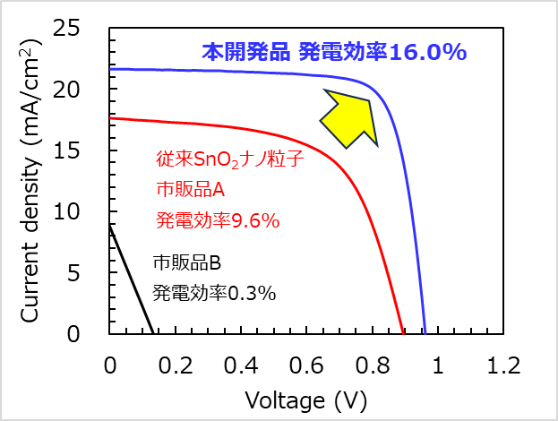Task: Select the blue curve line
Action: click(269, 73)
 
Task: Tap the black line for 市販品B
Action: click(130, 278)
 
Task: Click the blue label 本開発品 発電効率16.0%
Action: click(334, 52)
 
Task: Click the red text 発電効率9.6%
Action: click(207, 219)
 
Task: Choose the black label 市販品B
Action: click(185, 263)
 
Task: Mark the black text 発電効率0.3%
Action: click(213, 293)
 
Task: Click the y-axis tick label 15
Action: click(92, 151)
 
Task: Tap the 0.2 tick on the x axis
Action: click(176, 365)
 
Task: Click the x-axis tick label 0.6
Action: click(307, 365)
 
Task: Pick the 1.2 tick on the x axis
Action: click(504, 365)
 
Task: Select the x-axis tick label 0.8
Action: click(373, 365)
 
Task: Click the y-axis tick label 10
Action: click(92, 212)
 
